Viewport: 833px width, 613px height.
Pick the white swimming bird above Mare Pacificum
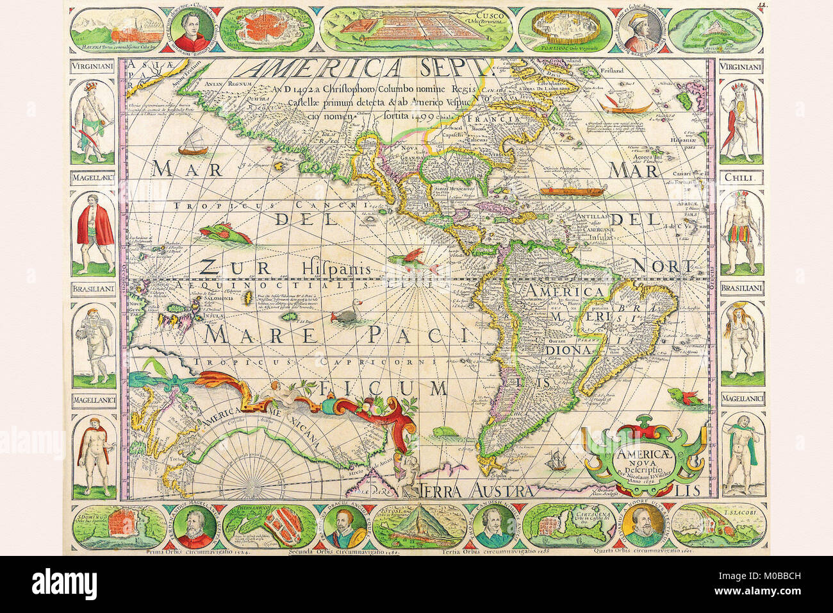347,314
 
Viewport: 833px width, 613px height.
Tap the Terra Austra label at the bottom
477,491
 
